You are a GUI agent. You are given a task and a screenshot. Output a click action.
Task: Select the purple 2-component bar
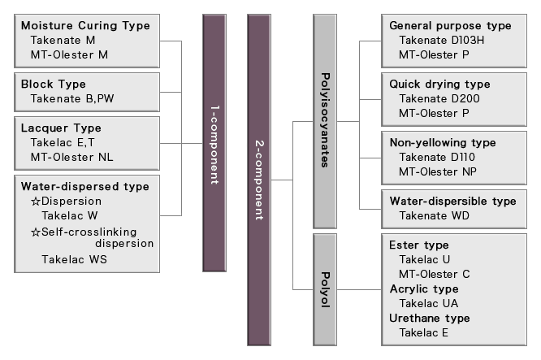point(257,179)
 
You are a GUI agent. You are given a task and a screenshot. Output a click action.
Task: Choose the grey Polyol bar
point(325,288)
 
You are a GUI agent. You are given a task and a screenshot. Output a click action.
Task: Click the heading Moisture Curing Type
point(85,25)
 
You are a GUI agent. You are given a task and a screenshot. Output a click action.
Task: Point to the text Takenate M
point(63,40)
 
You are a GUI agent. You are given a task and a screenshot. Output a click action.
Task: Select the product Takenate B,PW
point(71,98)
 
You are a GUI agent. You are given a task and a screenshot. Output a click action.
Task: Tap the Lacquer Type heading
point(61,128)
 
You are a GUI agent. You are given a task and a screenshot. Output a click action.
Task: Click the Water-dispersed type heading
point(85,186)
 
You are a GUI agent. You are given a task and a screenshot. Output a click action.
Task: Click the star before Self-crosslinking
point(35,231)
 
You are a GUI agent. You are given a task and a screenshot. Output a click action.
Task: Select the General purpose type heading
point(450,25)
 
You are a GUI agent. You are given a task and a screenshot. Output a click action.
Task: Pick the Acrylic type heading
point(423,288)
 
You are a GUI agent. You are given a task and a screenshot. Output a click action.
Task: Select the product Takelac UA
point(429,303)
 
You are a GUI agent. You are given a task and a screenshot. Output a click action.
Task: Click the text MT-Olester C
point(435,274)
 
